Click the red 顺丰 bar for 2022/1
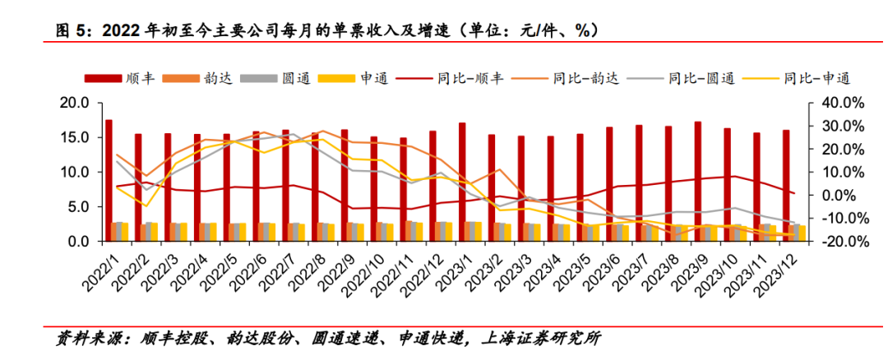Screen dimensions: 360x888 pyautogui.click(x=109, y=180)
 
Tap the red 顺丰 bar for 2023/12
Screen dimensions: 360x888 pyautogui.click(x=786, y=185)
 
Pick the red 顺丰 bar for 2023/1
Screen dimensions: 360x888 pyautogui.click(x=462, y=182)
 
